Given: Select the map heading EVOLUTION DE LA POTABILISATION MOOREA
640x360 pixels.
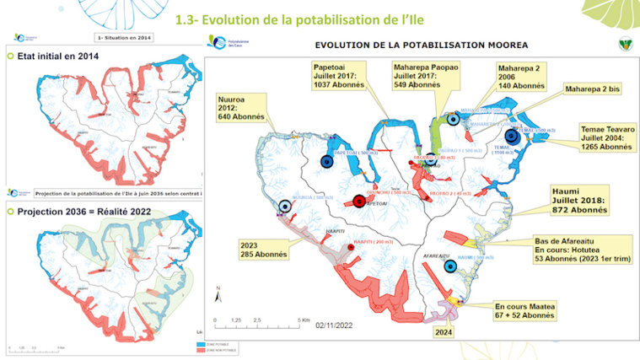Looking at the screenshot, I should [422, 43].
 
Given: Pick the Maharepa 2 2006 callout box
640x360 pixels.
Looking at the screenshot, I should [521, 75].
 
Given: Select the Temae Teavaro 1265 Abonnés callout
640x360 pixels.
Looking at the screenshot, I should [605, 137].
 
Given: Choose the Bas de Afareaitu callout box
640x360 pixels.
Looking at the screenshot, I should [582, 249].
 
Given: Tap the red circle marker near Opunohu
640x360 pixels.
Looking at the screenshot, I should [359, 201].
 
